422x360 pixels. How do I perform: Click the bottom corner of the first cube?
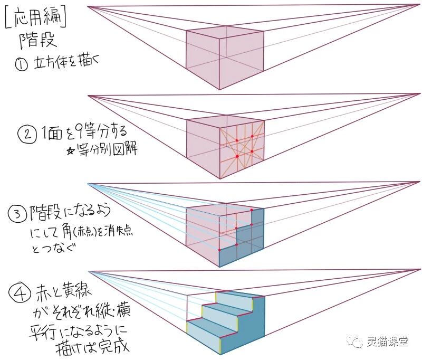pos(219,89)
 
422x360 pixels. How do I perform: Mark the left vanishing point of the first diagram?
pos(88,6)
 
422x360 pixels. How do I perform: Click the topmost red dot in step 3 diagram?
pos(252,210)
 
